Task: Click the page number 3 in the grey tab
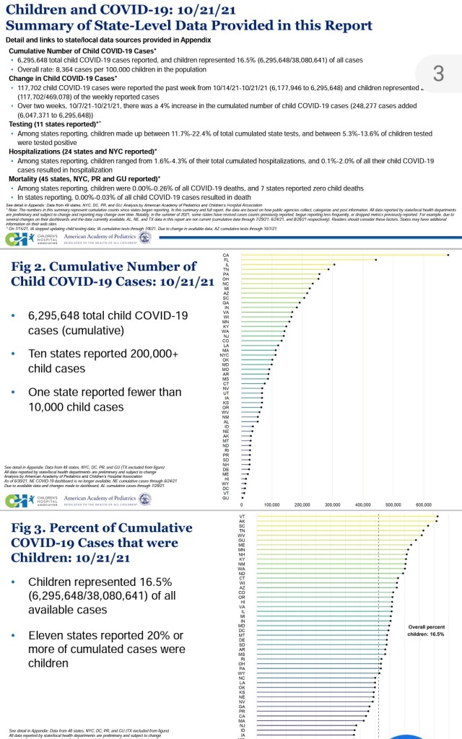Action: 438,72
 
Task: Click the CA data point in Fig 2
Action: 448,255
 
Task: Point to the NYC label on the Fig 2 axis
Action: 225,354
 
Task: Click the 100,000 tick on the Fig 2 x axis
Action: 272,505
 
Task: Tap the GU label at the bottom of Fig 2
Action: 225,498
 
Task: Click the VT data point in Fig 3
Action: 438,516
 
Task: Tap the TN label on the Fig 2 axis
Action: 226,269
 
